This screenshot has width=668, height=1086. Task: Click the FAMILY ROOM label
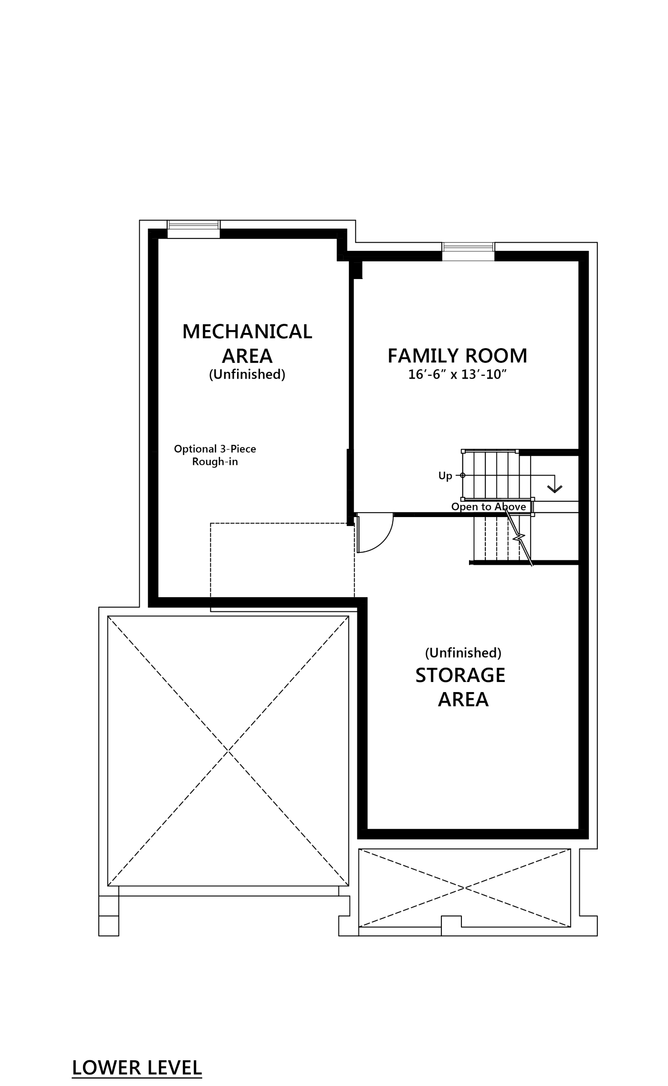tap(457, 356)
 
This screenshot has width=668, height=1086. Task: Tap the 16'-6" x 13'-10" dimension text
tap(457, 375)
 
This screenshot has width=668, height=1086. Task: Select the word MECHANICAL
tap(247, 331)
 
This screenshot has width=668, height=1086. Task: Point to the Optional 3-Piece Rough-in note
tap(215, 455)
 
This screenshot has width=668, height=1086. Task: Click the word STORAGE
tap(460, 675)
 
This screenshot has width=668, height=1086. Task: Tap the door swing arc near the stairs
tap(376, 533)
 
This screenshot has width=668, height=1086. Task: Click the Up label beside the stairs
tap(445, 476)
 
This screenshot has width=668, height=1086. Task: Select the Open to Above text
tap(489, 507)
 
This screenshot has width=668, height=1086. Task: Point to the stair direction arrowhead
tap(554, 488)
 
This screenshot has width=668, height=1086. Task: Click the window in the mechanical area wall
tap(193, 229)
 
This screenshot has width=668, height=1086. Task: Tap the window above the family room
tap(468, 251)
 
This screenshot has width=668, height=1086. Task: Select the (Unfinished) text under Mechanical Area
tap(247, 374)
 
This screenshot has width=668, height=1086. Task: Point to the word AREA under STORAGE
tap(463, 699)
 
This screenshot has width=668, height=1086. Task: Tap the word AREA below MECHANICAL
tap(247, 356)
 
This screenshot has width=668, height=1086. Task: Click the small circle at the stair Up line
tap(462, 476)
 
